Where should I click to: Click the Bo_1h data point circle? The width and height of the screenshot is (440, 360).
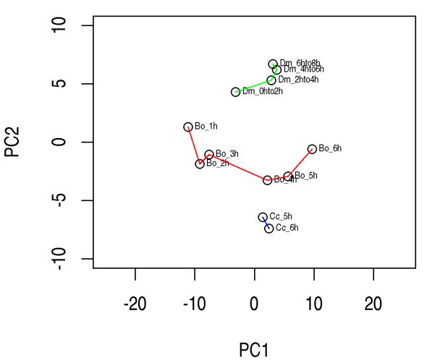[x=188, y=127]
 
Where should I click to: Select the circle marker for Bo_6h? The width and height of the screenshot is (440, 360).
[x=312, y=149]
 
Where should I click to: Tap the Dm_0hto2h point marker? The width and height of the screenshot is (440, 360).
[x=235, y=92]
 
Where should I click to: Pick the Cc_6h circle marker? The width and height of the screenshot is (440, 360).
[x=269, y=228]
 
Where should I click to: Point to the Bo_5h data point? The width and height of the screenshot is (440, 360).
[x=288, y=176]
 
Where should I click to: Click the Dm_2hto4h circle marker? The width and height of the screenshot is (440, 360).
[x=271, y=80]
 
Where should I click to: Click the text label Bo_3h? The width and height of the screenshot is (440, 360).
[x=227, y=154]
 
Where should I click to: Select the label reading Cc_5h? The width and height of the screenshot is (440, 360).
[x=281, y=217]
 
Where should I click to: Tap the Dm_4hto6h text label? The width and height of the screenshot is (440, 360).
[x=304, y=69]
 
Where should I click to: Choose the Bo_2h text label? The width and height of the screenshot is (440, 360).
[x=218, y=163]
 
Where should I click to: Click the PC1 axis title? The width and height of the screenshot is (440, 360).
[x=254, y=350]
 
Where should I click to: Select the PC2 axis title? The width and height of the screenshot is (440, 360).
[x=12, y=142]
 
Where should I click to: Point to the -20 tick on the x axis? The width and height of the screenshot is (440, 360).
[x=135, y=305]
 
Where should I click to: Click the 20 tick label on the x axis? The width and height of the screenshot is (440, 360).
[x=373, y=305]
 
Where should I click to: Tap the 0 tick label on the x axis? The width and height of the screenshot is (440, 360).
[x=254, y=305]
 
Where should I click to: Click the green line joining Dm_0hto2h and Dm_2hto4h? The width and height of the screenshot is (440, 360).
[x=253, y=86]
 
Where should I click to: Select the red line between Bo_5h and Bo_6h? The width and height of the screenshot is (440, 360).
[x=300, y=163]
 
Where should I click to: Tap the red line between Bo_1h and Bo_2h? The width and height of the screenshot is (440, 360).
[x=194, y=145]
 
